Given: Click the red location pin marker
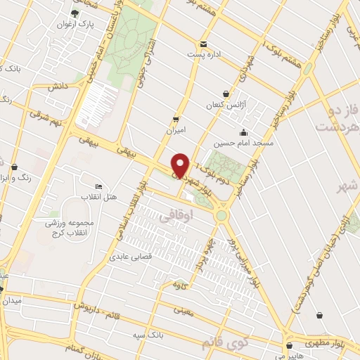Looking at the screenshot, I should pyautogui.click(x=180, y=165).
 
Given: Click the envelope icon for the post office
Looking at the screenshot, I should pyautogui.click(x=203, y=44).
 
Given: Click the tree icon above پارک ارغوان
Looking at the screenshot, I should pyautogui.click(x=76, y=13).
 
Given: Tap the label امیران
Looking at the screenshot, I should pyautogui.click(x=175, y=130).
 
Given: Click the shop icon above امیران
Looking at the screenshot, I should pyautogui.click(x=175, y=120).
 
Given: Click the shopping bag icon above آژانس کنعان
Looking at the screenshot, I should pyautogui.click(x=225, y=94).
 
